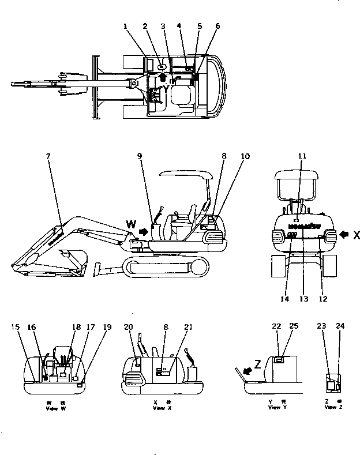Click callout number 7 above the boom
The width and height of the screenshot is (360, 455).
(x=48, y=155)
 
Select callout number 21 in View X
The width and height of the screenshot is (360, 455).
(x=187, y=327)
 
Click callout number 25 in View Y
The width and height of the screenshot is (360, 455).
(x=294, y=327)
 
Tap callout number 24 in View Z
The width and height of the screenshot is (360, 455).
(x=340, y=327)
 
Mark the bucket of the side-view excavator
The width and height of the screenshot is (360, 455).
(x=72, y=258)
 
